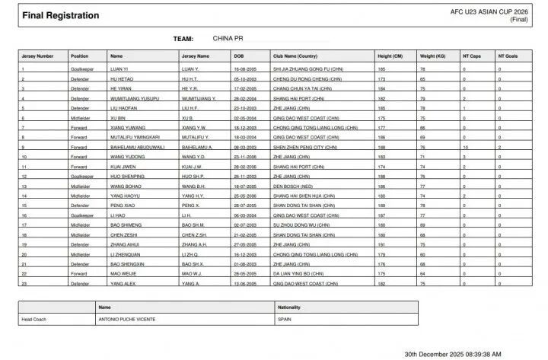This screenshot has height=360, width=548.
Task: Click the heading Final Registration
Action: (51, 15)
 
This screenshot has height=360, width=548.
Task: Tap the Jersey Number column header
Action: (37, 56)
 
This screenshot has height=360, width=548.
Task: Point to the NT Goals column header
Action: (508, 56)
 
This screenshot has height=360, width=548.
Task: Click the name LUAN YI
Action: (122, 69)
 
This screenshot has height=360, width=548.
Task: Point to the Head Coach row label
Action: (37, 320)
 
